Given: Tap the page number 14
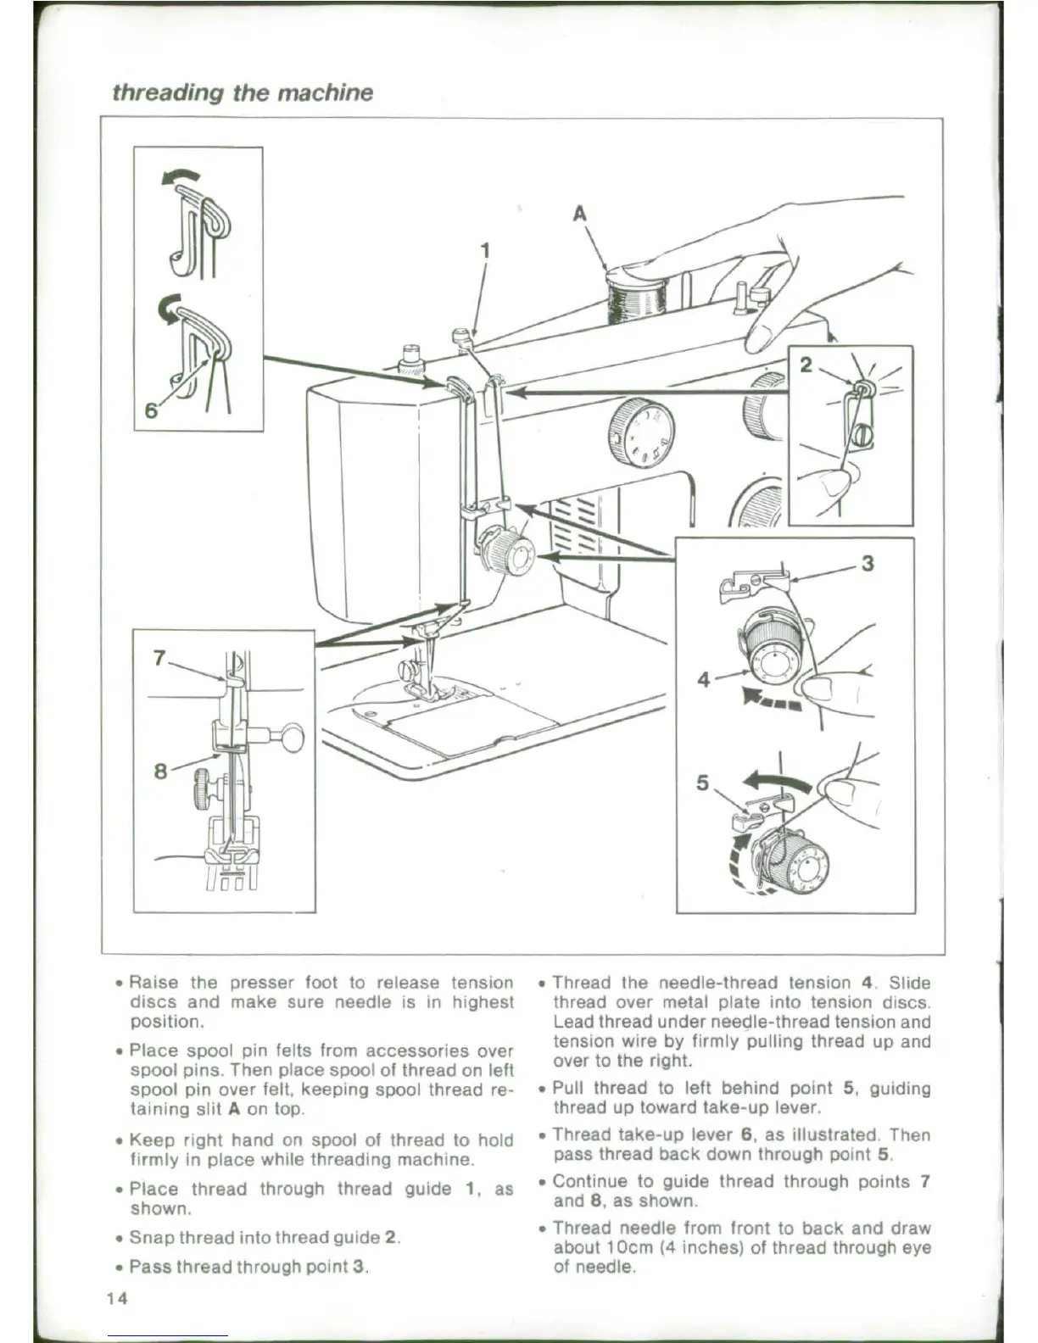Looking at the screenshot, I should [117, 1298].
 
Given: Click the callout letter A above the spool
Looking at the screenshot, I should [580, 214].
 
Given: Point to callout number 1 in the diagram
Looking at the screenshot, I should [485, 250].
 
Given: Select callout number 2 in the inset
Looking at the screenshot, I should [806, 365].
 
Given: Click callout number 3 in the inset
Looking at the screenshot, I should [867, 563].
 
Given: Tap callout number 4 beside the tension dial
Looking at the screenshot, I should [703, 679].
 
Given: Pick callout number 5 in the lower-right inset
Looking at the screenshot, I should [702, 783].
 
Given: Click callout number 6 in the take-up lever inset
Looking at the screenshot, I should [151, 410].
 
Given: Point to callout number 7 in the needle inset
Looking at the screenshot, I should [159, 657].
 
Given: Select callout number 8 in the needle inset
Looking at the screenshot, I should [160, 771].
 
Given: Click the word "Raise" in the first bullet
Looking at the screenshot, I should [153, 983].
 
